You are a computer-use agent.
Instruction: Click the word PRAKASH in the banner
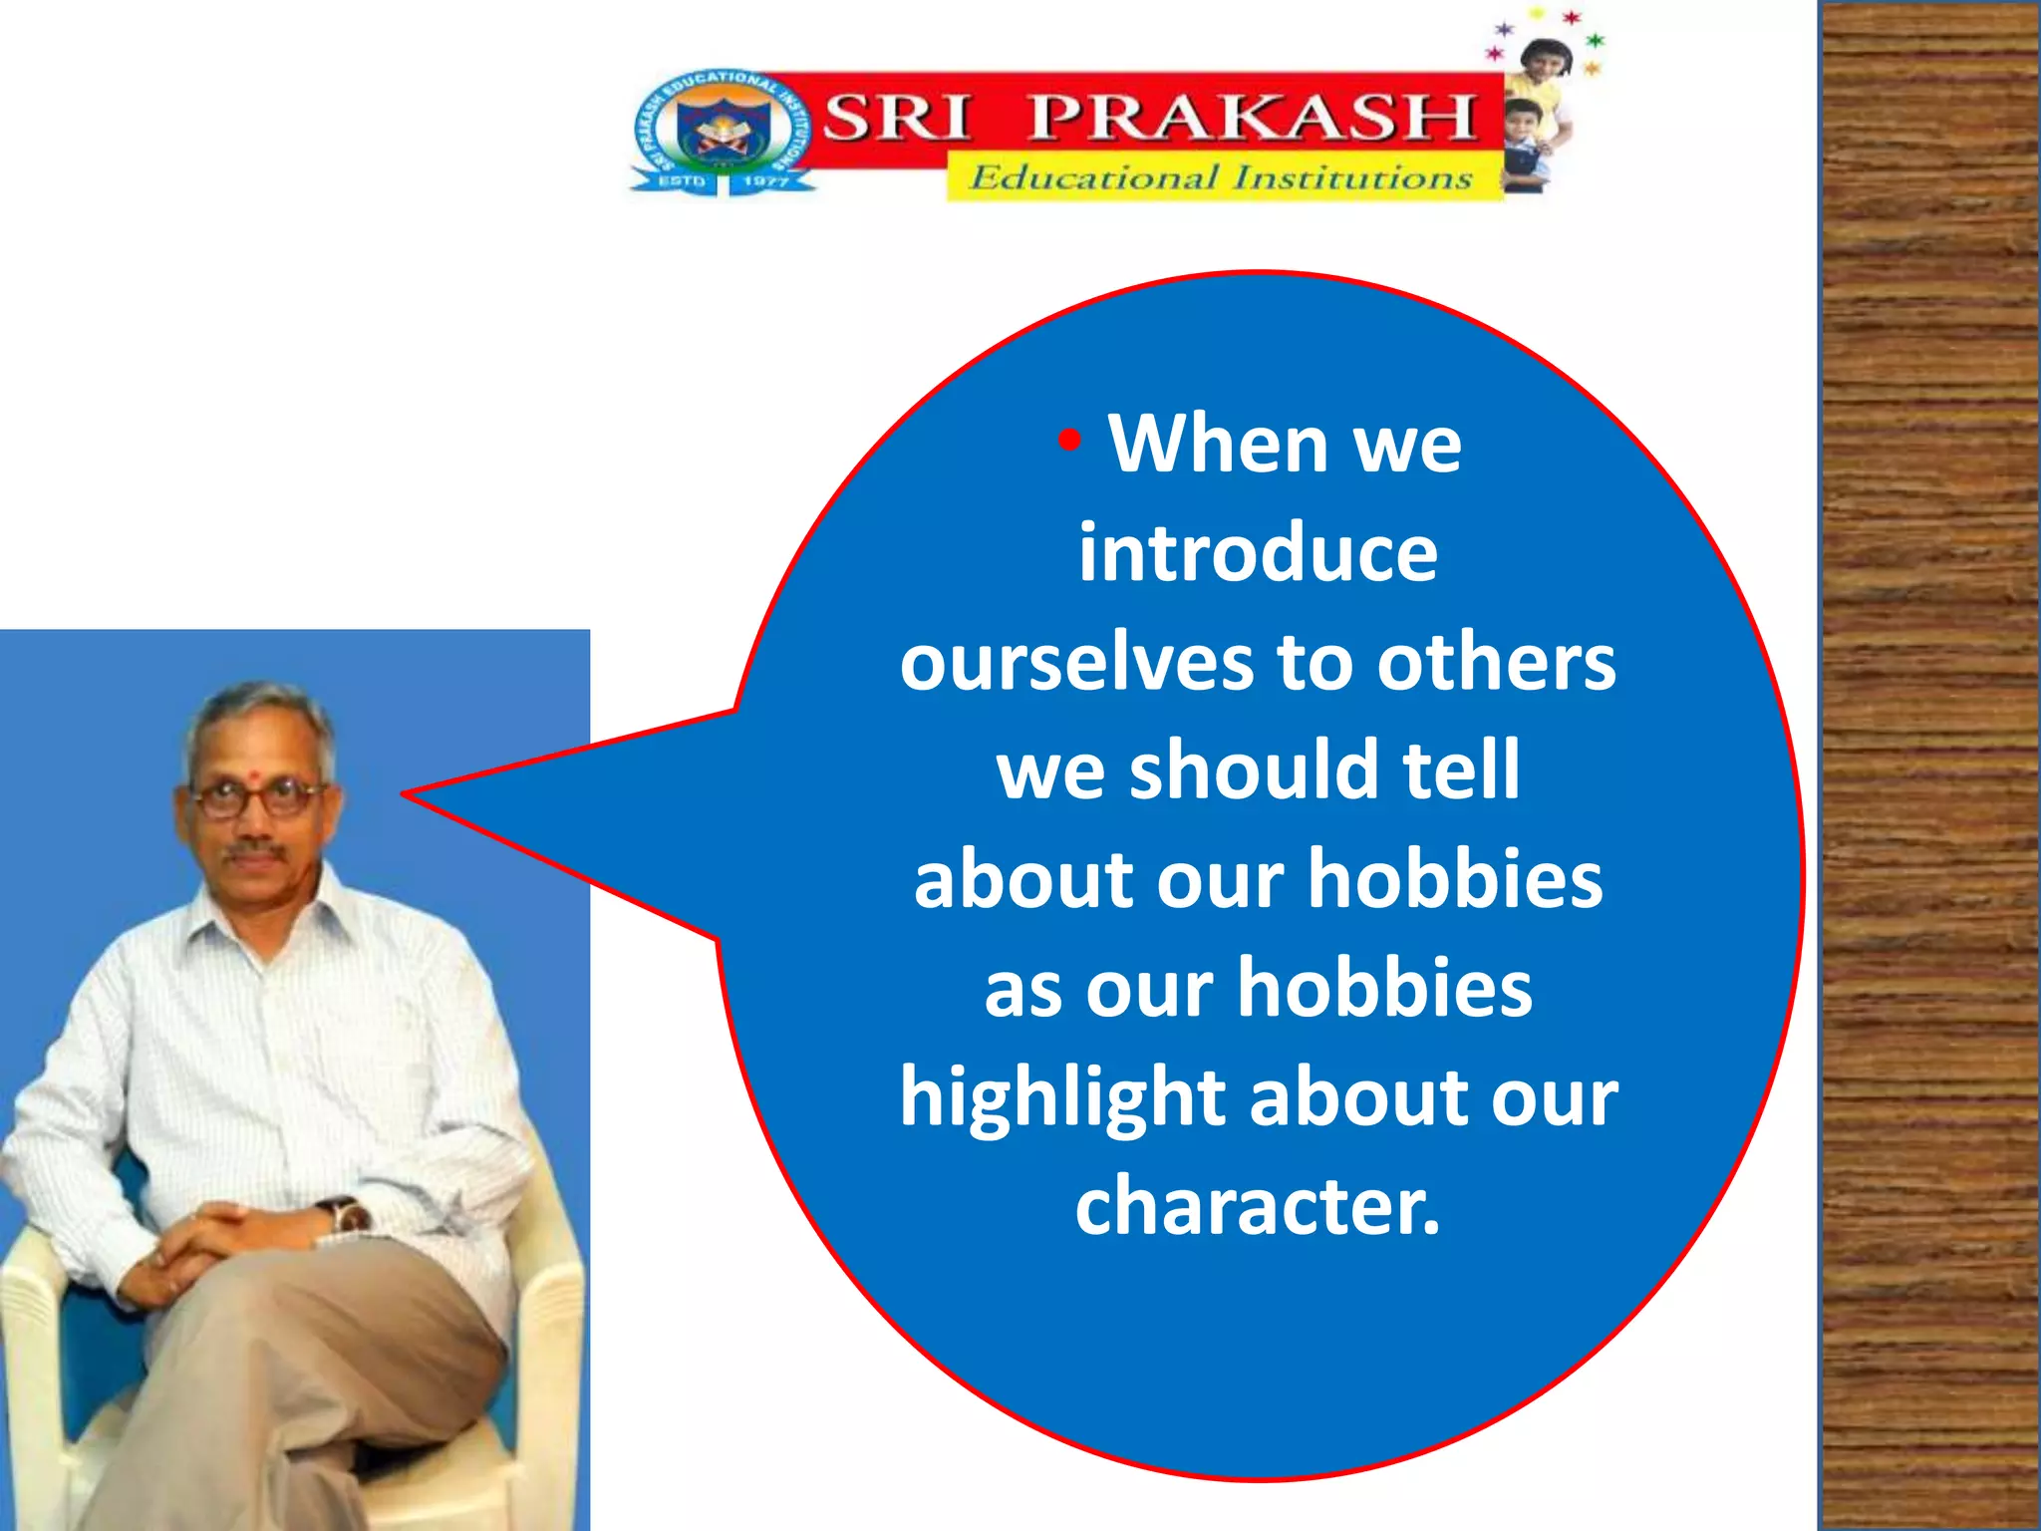(1251, 118)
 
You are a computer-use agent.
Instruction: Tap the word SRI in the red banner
(896, 118)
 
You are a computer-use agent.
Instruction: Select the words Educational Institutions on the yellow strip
(1221, 178)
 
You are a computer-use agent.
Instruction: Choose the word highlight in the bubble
(1062, 1096)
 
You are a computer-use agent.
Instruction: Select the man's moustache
(254, 852)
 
